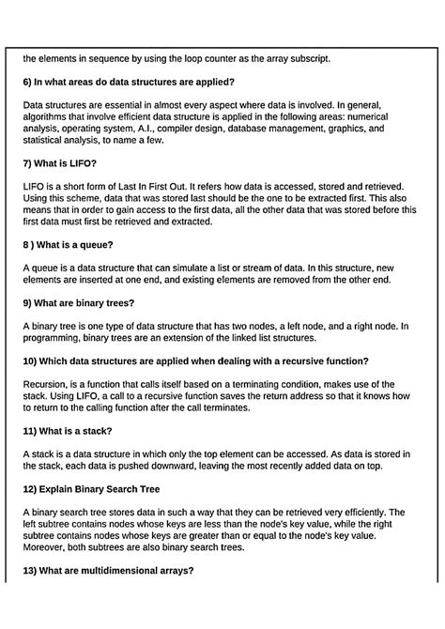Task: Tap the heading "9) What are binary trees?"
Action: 78,302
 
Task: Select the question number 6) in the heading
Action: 28,82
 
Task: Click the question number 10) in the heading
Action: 31,361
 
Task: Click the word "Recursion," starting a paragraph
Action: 49,385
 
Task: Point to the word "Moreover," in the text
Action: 47,547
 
